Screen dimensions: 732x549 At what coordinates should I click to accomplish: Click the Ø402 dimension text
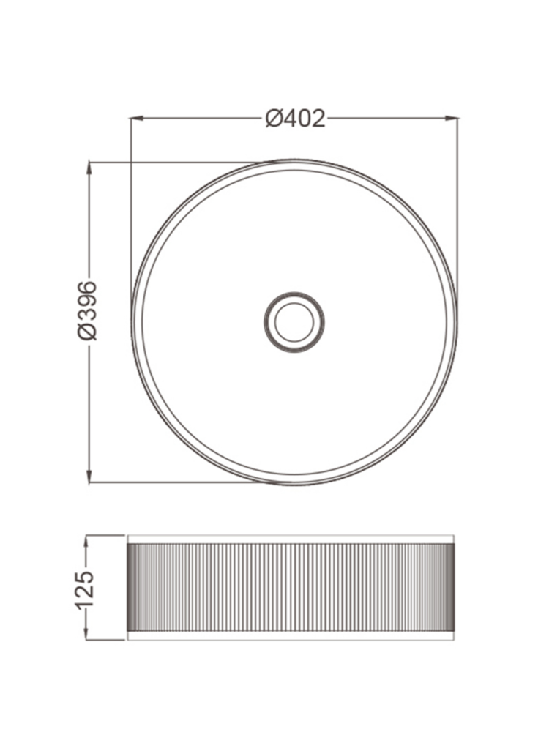pos(295,118)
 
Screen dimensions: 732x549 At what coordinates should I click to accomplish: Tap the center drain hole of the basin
pos(294,322)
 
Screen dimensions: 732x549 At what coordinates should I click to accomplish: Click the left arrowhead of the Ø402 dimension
pos(135,117)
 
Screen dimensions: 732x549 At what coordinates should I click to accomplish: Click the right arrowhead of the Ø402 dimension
pos(453,117)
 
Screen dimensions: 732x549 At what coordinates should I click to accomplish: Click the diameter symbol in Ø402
pos(274,118)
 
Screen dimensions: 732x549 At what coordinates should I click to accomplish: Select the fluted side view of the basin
pos(291,588)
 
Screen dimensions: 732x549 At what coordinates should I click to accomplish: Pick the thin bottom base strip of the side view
pos(291,637)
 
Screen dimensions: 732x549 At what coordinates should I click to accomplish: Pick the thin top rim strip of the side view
pos(291,539)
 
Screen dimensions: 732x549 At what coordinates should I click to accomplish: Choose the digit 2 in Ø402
pos(318,118)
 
